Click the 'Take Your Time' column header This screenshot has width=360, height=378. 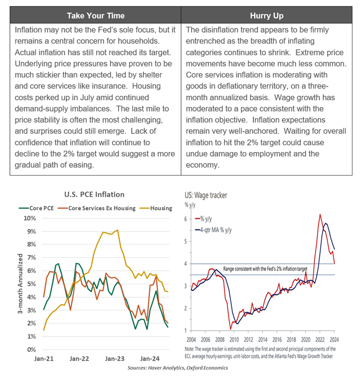click(96, 15)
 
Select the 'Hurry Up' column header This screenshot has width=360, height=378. click(266, 15)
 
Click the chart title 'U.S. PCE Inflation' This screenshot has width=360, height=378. click(94, 194)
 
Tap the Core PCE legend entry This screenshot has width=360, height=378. click(36, 208)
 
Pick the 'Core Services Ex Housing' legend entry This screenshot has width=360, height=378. click(97, 208)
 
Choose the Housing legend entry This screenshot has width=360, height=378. click(156, 208)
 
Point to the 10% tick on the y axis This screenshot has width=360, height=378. click(29, 218)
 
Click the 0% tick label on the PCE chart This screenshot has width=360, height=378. click(31, 350)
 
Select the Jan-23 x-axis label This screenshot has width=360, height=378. click(115, 359)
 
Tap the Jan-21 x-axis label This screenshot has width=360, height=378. click(44, 359)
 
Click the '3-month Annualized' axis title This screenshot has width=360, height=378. click(20, 284)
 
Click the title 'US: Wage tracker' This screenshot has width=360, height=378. click(206, 195)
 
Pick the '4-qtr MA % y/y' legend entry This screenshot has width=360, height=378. click(213, 230)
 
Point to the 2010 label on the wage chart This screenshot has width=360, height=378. click(234, 340)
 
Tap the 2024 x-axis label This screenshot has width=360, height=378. click(334, 340)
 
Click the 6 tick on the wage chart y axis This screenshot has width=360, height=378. click(185, 219)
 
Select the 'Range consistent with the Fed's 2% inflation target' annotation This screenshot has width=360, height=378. click(265, 269)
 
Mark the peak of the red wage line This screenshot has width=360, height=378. click(320, 214)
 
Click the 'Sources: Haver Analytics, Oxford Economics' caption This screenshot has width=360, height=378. click(178, 368)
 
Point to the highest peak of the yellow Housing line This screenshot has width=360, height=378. click(117, 230)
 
